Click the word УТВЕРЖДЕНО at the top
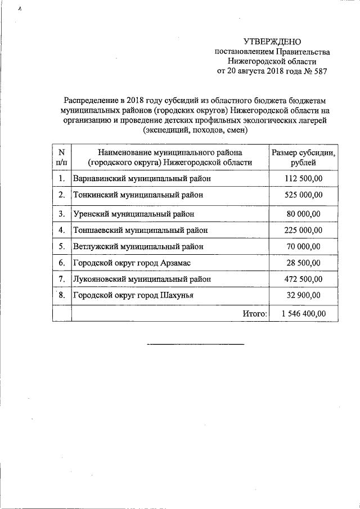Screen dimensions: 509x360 click(x=272, y=42)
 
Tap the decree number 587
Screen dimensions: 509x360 click(x=318, y=71)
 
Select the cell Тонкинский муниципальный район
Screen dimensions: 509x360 click(x=137, y=195)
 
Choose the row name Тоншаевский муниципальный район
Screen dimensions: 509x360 click(x=140, y=230)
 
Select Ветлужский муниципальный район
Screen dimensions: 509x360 click(x=138, y=246)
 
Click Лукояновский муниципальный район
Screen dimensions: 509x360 click(x=142, y=278)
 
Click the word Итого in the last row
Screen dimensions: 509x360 click(x=255, y=313)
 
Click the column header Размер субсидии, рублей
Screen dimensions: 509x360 click(x=304, y=157)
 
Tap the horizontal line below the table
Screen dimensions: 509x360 click(x=195, y=344)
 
